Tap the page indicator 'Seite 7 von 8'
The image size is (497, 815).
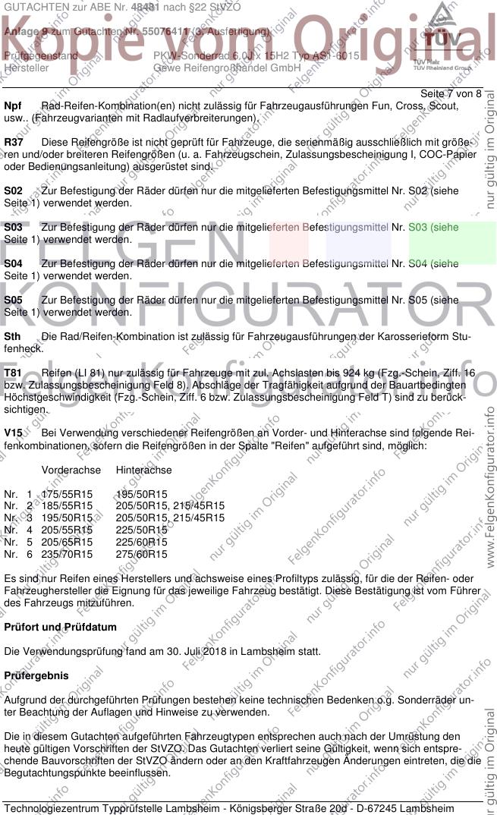coord(450,93)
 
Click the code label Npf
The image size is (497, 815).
coord(13,106)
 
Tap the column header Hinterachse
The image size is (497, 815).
coord(144,470)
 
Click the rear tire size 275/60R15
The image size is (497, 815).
coord(141,555)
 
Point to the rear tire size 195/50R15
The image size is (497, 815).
coord(141,494)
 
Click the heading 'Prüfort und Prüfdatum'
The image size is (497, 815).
coord(61,628)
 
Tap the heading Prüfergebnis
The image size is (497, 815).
coord(36,675)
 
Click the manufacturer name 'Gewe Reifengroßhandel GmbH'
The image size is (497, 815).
coord(216,68)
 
